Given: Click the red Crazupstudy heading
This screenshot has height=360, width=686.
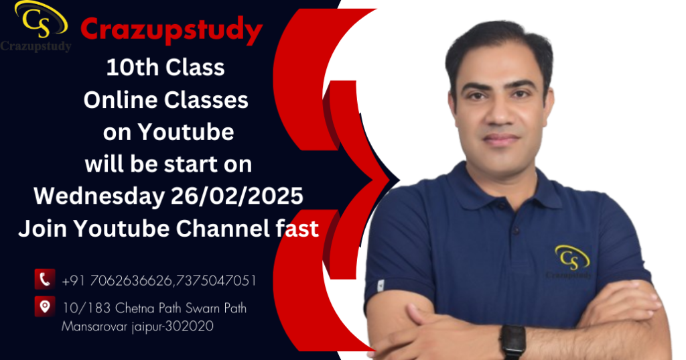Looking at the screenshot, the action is click(171, 29).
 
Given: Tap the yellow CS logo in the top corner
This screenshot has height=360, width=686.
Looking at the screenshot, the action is click(40, 19).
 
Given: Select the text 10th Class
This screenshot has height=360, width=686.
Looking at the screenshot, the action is click(165, 68).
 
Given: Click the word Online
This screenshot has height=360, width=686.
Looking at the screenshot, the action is click(121, 100).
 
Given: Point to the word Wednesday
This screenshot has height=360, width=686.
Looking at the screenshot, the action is click(99, 195).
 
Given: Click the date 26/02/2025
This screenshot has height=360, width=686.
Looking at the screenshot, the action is click(236, 195).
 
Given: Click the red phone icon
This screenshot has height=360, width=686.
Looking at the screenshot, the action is click(45, 279).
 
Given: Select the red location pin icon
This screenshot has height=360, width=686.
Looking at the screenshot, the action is click(45, 306).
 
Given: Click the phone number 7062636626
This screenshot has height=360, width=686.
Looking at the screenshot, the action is click(131, 281).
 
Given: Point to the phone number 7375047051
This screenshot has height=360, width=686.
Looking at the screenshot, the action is click(215, 281).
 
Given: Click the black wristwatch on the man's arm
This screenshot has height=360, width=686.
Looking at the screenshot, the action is click(512, 342).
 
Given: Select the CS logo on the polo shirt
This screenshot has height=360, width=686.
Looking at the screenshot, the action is click(571, 262).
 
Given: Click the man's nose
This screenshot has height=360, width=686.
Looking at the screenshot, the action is click(500, 113).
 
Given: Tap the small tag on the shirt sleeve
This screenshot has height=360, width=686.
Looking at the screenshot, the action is click(381, 286).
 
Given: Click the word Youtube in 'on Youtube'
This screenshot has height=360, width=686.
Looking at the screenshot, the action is click(186, 132).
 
